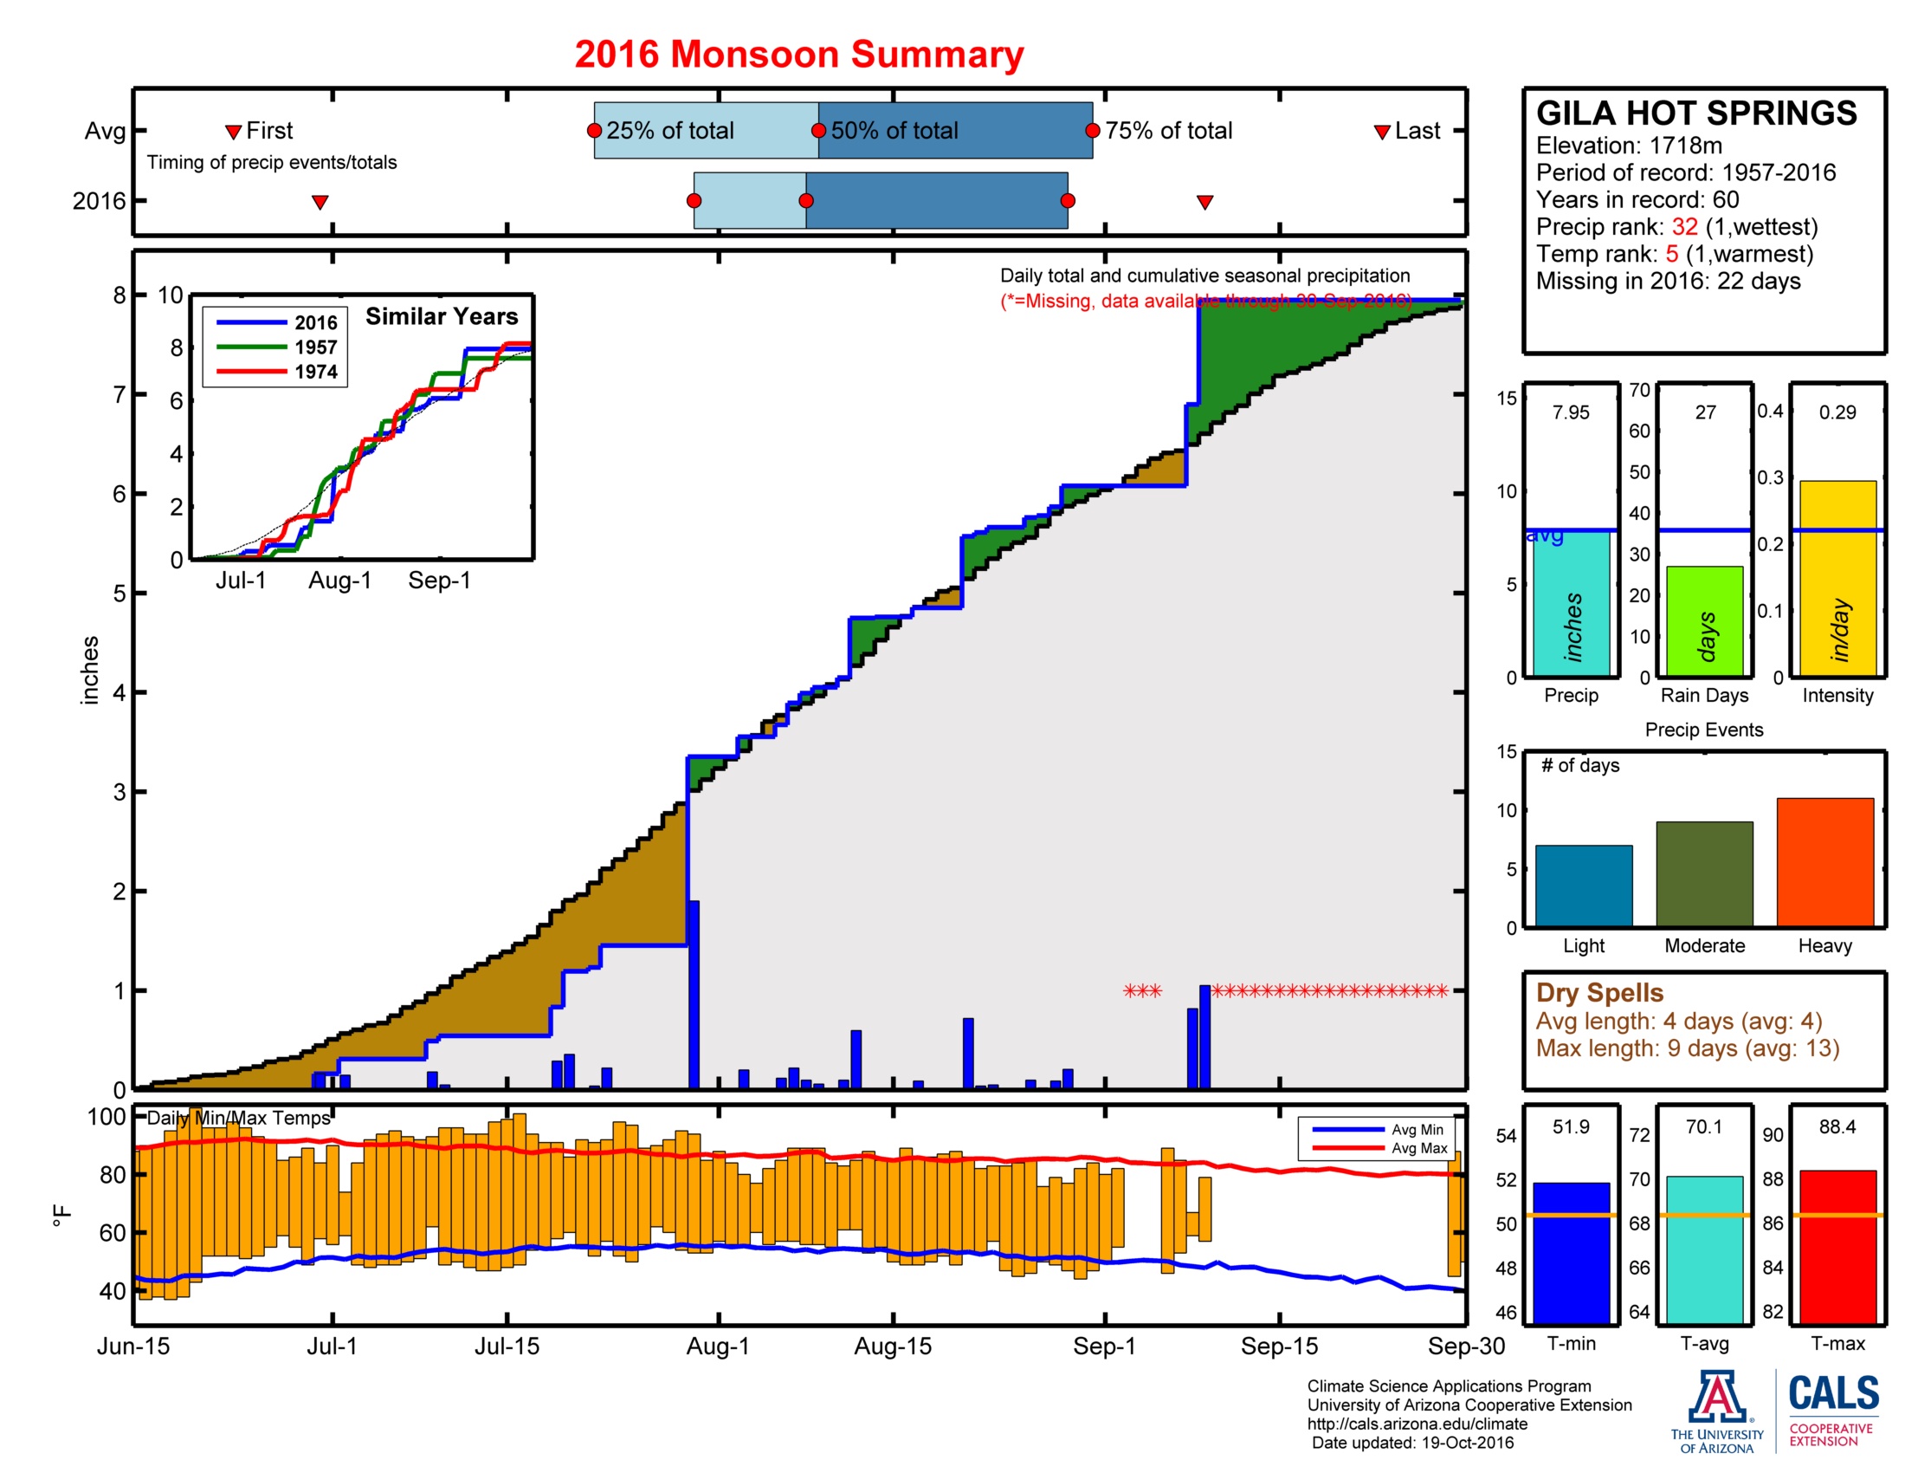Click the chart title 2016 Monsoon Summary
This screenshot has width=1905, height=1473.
pos(798,54)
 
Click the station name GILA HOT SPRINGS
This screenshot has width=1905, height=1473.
pos(1695,114)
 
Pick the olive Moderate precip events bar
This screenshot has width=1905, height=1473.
pos(1703,873)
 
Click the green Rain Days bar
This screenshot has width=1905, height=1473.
pos(1703,621)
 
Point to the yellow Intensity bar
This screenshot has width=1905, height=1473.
pos(1837,578)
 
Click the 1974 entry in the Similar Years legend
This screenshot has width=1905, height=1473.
pos(315,372)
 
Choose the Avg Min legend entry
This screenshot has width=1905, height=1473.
pos(1417,1129)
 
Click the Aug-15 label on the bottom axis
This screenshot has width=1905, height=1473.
pos(892,1346)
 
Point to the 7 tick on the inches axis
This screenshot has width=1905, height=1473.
pos(119,394)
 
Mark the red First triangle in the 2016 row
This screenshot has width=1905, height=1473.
pos(320,203)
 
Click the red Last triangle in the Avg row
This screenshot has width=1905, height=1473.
pos(1382,132)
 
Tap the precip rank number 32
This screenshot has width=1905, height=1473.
pos(1683,227)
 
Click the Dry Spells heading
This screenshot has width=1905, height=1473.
pos(1598,992)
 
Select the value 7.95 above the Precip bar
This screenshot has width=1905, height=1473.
pos(1570,412)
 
